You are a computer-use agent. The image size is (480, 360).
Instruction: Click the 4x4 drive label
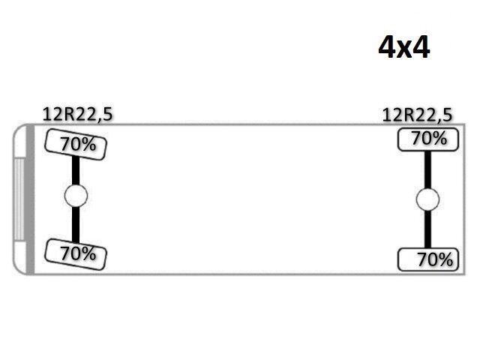[x=404, y=47]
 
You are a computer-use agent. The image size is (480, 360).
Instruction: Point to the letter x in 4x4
[x=404, y=49]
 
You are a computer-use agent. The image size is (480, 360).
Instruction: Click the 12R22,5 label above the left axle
[x=78, y=115]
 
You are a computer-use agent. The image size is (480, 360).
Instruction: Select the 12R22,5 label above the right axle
[x=417, y=115]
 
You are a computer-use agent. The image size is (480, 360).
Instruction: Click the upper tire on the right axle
[x=428, y=139]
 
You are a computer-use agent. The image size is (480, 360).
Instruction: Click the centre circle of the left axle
[x=76, y=196]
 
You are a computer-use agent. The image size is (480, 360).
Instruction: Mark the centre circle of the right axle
[x=427, y=199]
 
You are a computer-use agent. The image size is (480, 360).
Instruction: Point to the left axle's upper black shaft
[x=76, y=170]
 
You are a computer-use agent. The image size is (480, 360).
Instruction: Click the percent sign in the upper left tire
[x=88, y=145]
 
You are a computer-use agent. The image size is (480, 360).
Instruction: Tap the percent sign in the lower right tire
[x=445, y=260]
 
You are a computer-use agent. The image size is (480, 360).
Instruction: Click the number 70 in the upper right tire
[x=420, y=139]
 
